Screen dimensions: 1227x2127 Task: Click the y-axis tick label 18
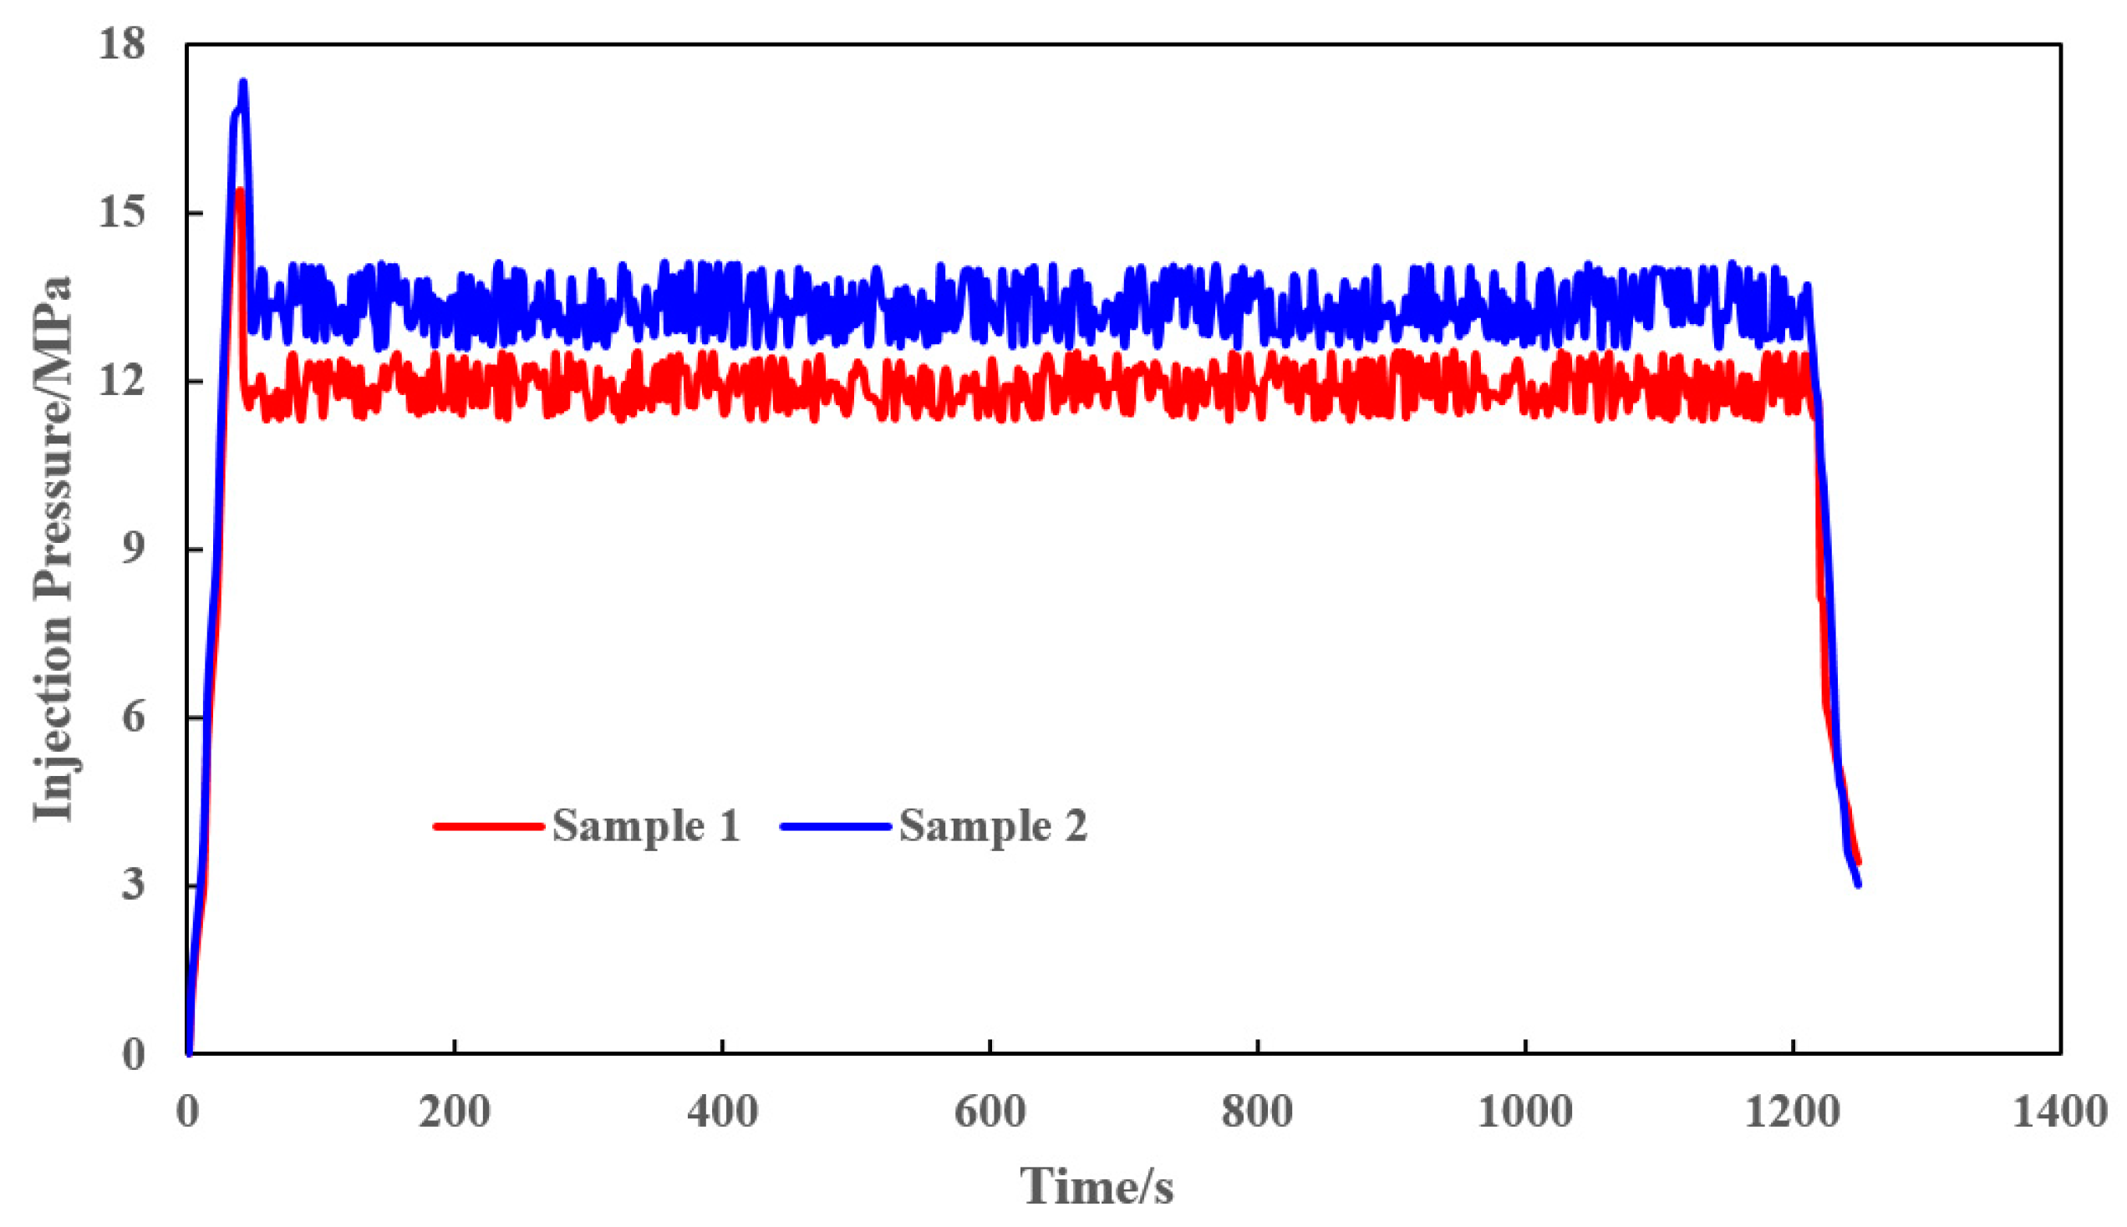[x=121, y=44]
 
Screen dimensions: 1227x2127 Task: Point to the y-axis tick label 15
[x=121, y=213]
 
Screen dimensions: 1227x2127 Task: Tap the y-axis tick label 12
[x=121, y=382]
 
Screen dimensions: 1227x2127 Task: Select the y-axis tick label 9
[x=133, y=550]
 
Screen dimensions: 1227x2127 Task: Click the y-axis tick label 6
[x=133, y=718]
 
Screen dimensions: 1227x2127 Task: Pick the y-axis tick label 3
[x=133, y=885]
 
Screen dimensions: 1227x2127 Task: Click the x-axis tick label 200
[x=455, y=1113]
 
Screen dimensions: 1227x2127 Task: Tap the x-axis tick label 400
[x=722, y=1113]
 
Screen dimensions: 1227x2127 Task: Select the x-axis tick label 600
[x=990, y=1113]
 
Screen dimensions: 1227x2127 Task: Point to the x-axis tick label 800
[x=1257, y=1113]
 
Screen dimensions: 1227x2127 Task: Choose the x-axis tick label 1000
[x=1525, y=1113]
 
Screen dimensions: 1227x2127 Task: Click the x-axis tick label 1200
[x=1793, y=1113]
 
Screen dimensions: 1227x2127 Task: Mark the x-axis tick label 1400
[x=2059, y=1113]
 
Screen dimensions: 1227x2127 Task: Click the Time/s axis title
[x=1097, y=1187]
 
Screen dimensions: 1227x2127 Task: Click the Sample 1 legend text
[x=647, y=826]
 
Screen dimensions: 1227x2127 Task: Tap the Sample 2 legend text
[x=994, y=826]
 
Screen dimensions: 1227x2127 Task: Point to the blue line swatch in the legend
[x=836, y=827]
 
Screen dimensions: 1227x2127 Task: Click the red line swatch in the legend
[x=488, y=827]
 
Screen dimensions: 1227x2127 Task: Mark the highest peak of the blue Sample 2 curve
[x=244, y=83]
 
